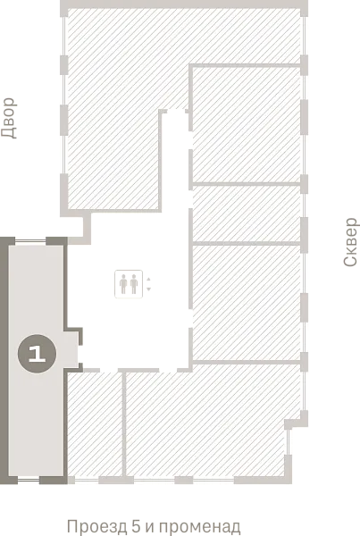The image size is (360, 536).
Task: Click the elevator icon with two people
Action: pyautogui.click(x=129, y=284)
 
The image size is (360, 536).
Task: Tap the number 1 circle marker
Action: pyautogui.click(x=37, y=354)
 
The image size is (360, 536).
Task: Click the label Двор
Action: pyautogui.click(x=9, y=118)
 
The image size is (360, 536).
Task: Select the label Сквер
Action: pyautogui.click(x=350, y=242)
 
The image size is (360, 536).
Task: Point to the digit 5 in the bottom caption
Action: pyautogui.click(x=136, y=526)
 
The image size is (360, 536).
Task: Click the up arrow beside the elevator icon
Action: pyautogui.click(x=148, y=279)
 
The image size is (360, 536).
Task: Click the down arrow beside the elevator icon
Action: pyautogui.click(x=148, y=289)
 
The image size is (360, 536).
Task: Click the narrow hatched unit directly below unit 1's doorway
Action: pyautogui.click(x=95, y=423)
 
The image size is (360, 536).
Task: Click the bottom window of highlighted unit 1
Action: pyautogui.click(x=29, y=481)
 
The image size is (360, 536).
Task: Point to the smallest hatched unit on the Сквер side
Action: pyautogui.click(x=247, y=214)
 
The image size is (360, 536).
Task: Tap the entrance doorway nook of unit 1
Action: pyautogui.click(x=71, y=348)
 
